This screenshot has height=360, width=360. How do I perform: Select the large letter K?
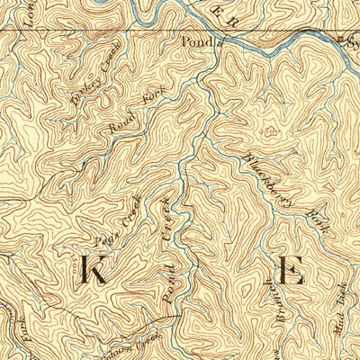pyautogui.click(x=94, y=270)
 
